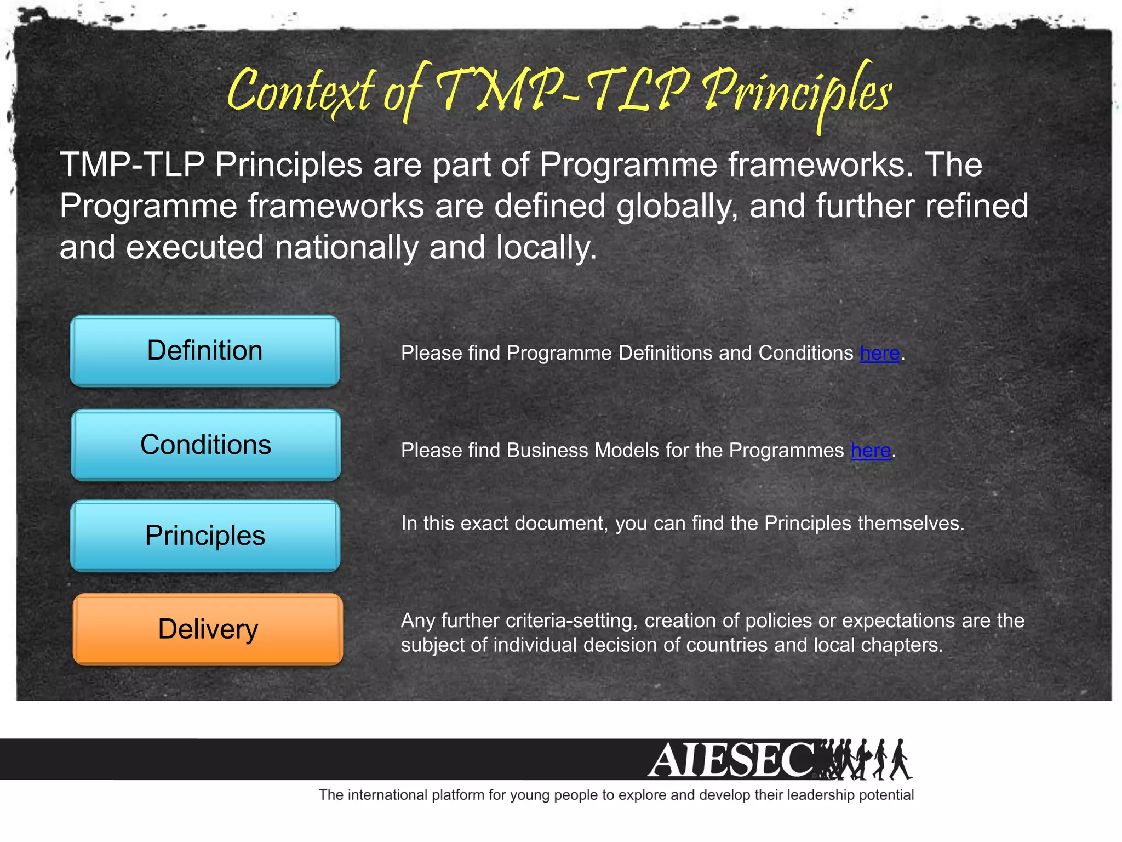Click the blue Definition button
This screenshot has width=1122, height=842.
[x=205, y=351]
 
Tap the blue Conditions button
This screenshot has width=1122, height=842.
[x=205, y=445]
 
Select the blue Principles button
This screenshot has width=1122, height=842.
[x=205, y=536]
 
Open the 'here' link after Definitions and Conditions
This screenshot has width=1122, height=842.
[x=879, y=354]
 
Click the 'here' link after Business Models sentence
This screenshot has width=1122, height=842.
[x=871, y=451]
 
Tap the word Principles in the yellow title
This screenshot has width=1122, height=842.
[x=797, y=93]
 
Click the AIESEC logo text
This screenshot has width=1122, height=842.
[x=731, y=760]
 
